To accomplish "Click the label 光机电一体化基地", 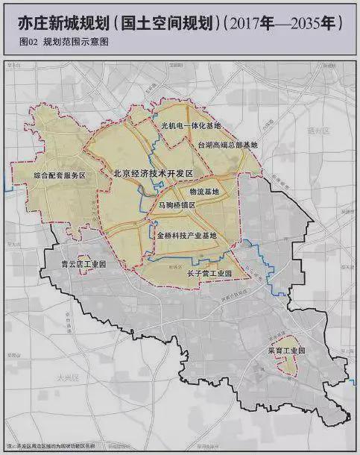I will pyautogui.click(x=192, y=126).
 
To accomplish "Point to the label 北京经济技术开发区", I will pyautogui.click(x=153, y=173).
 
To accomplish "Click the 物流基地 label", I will pyautogui.click(x=204, y=192).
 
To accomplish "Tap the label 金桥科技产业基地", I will pyautogui.click(x=187, y=236).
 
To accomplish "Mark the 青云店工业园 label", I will pyautogui.click(x=83, y=265).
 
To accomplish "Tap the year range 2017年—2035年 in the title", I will pyautogui.click(x=285, y=23).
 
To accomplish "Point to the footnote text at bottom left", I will pyautogui.click(x=75, y=445).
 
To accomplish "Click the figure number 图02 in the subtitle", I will pyautogui.click(x=31, y=43).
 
